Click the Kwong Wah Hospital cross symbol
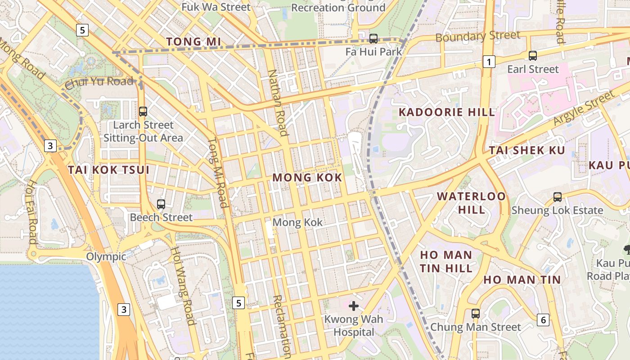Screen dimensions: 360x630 point(354,306)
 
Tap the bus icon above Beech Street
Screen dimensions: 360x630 point(161,204)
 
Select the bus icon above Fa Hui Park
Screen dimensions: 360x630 point(373,39)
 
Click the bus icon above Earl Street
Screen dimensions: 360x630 point(533,56)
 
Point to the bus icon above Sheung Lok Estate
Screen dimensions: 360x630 point(557,197)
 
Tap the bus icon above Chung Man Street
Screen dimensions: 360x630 point(476,314)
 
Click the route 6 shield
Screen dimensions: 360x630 point(543,320)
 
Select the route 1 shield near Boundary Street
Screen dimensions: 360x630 point(489,62)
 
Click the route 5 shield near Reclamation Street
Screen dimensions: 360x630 point(238,303)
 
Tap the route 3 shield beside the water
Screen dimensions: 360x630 point(124,310)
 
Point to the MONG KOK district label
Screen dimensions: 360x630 point(307,178)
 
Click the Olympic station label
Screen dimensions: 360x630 point(106,257)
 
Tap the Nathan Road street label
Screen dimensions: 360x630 point(278,103)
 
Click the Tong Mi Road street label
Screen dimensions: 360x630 point(217,173)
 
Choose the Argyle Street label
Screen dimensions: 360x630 point(583,108)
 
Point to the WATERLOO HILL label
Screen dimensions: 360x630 point(471,203)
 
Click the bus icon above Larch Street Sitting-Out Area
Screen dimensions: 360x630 point(143,111)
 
